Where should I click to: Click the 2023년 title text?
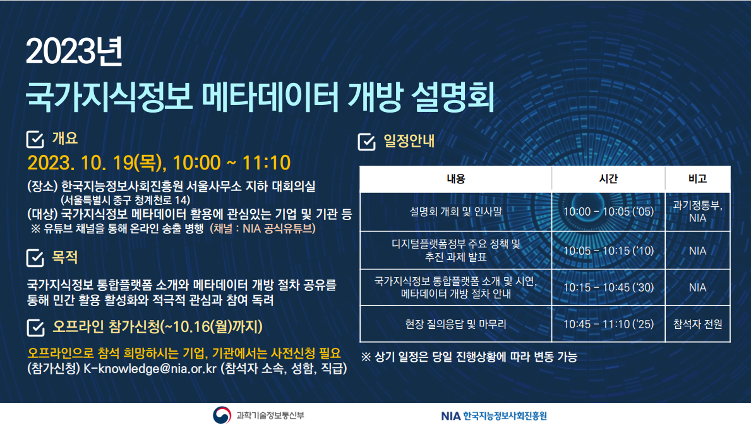point(75,51)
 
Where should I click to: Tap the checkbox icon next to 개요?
point(35,139)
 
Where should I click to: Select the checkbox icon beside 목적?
point(35,258)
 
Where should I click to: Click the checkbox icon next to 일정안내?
point(367,142)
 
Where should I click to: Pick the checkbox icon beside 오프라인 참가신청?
point(35,328)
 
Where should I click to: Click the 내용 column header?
point(455,179)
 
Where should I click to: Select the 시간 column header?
point(608,179)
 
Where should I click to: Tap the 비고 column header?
point(697,179)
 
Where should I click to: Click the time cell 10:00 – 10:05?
point(608,211)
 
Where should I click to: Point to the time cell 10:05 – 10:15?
point(608,251)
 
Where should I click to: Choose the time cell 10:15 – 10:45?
point(608,287)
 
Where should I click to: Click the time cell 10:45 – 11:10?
point(608,324)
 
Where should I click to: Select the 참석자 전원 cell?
point(697,324)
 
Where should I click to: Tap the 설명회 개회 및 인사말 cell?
point(455,211)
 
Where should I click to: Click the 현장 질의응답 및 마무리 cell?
point(455,324)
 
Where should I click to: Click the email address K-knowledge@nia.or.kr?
point(150,369)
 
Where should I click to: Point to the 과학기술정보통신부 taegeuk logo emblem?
point(222,415)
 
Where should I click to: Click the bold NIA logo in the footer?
point(450,416)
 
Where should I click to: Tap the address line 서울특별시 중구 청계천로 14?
point(126,200)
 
